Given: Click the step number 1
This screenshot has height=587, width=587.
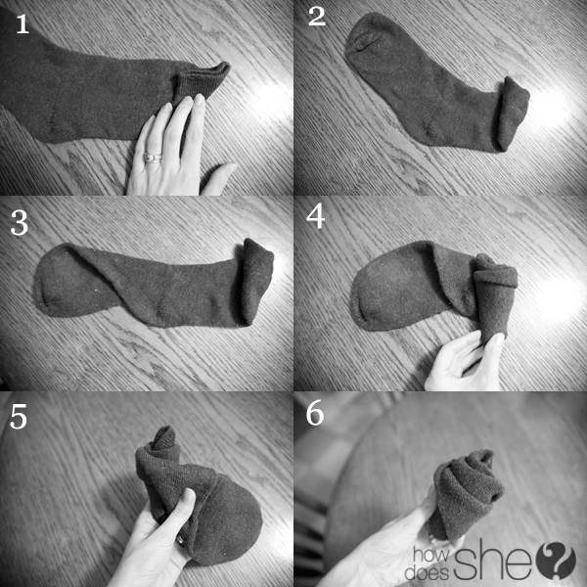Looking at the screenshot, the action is (x=23, y=24).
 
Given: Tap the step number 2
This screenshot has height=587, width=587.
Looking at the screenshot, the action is (x=317, y=17).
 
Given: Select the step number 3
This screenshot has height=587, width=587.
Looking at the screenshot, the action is (x=20, y=222).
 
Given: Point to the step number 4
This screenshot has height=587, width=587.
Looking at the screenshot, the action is (x=316, y=217).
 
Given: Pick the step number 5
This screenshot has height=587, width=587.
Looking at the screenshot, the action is (x=19, y=417).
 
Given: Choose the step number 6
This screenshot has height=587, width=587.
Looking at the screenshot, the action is (x=315, y=414).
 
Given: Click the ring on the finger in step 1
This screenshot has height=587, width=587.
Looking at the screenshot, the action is (x=153, y=158).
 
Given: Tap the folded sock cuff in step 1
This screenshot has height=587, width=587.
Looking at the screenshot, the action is (x=201, y=82).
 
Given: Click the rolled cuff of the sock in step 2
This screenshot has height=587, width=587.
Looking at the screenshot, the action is (x=512, y=113).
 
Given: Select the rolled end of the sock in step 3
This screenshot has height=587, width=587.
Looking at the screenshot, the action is (x=256, y=281).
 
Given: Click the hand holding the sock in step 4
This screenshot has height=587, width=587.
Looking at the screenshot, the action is (x=464, y=361).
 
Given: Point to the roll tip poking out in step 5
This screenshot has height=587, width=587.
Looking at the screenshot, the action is (x=164, y=438).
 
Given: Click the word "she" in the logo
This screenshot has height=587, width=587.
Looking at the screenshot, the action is (x=494, y=560).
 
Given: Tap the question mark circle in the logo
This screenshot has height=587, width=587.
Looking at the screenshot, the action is (x=557, y=561).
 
